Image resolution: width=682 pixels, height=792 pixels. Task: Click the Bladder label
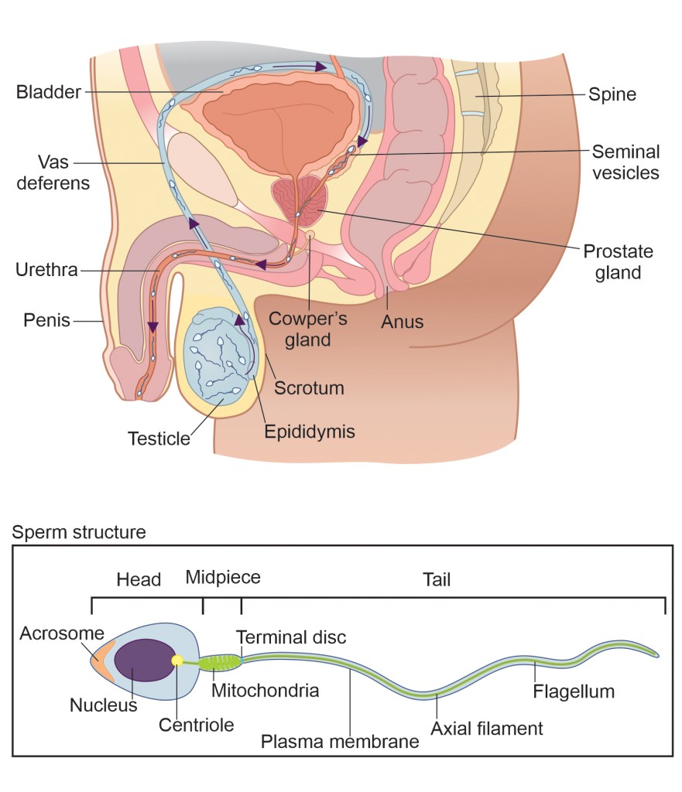(x=48, y=93)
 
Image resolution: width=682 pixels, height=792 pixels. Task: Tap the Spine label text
(x=612, y=95)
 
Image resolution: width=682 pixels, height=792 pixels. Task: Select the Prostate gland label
(x=618, y=262)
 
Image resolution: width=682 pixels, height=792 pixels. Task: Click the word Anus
(x=402, y=321)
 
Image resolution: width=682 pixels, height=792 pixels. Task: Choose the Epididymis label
(x=309, y=431)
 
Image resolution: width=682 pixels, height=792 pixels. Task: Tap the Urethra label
(x=46, y=271)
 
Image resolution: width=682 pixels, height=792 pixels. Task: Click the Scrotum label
(x=309, y=387)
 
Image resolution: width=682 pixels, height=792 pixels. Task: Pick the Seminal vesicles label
(x=625, y=162)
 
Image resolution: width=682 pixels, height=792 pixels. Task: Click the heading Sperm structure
(x=78, y=533)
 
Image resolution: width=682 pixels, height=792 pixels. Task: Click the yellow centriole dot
(x=177, y=661)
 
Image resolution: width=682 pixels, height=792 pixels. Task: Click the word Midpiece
(x=223, y=577)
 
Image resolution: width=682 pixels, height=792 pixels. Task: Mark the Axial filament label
(x=487, y=728)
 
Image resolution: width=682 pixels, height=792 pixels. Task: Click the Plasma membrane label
(x=340, y=742)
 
